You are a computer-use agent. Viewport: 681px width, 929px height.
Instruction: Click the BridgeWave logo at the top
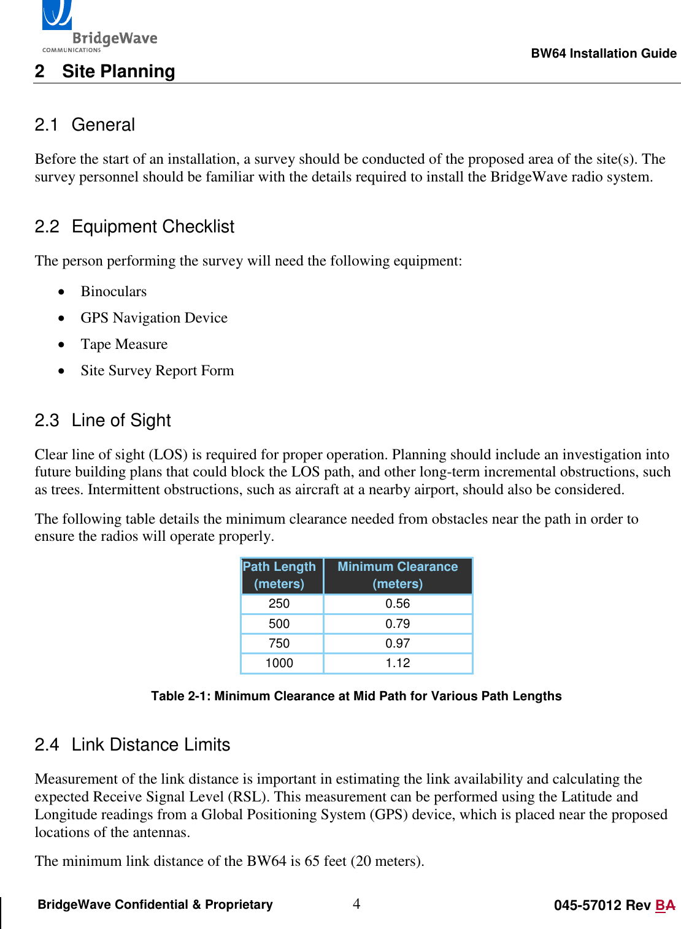[98, 28]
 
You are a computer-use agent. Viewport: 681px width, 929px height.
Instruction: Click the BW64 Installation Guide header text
[604, 53]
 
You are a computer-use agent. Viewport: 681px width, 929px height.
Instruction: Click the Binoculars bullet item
[113, 291]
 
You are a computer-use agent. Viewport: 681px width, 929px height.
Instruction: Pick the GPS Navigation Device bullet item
[154, 318]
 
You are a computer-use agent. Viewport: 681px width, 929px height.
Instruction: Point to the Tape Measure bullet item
[124, 344]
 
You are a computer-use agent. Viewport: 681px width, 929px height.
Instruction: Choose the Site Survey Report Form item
[157, 370]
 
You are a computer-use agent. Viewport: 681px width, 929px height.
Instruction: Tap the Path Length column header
[279, 575]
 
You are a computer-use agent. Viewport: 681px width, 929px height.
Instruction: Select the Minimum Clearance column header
[398, 575]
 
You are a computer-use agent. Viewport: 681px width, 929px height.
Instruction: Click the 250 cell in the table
[279, 603]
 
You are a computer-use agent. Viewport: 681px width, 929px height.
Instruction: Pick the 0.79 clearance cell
[398, 624]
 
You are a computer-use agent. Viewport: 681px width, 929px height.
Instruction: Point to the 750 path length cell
[279, 643]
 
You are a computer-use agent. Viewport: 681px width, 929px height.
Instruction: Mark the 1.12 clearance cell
[398, 663]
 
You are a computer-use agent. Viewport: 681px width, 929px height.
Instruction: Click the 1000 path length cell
[279, 663]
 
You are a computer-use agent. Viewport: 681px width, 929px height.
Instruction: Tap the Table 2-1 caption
[356, 696]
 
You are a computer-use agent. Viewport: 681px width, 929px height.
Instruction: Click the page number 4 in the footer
[356, 903]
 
